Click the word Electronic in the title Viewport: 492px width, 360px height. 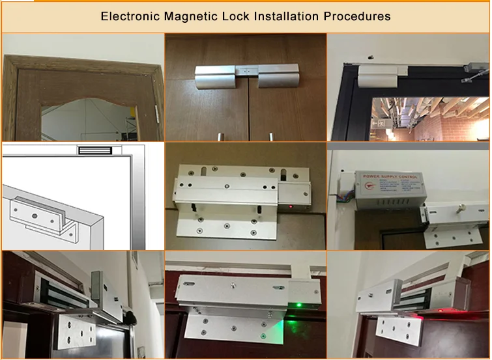129,16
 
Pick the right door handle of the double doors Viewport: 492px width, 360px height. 269,136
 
